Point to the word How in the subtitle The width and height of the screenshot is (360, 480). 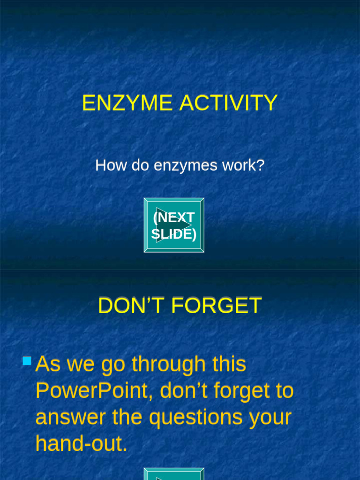click(106, 165)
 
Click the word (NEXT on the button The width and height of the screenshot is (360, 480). click(174, 218)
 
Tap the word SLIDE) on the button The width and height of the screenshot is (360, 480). click(174, 234)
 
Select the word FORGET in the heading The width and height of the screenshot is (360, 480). click(216, 306)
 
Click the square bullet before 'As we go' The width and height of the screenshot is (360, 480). click(27, 361)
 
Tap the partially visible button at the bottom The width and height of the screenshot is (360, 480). click(174, 474)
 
